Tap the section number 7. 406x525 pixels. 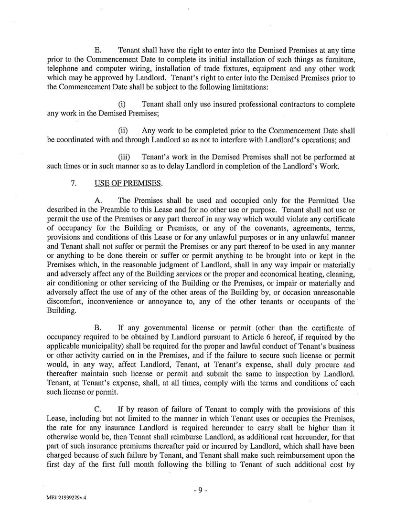(x=74, y=182)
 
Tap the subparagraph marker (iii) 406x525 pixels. (x=124, y=157)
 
